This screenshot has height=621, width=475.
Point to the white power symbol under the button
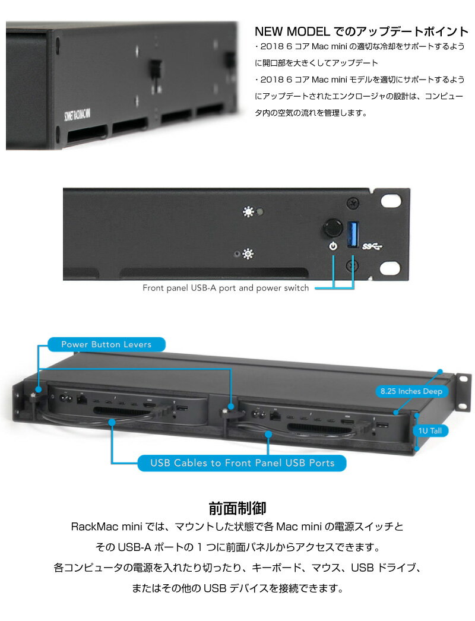point(333,246)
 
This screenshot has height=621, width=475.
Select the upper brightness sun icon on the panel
point(247,212)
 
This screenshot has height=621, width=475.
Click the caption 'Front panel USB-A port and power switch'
point(226,288)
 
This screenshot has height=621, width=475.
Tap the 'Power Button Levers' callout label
point(106,344)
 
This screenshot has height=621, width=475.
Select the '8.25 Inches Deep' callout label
point(412,391)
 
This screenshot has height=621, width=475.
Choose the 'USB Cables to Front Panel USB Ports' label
point(242,462)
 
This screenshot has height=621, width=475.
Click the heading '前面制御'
point(237,508)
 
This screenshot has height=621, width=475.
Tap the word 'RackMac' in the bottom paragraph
point(90,527)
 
